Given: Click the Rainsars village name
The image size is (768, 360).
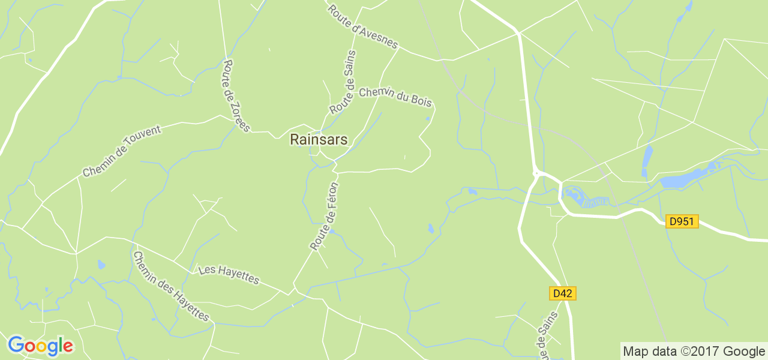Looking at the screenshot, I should point(319,139).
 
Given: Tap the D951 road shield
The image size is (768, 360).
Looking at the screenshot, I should point(682,221).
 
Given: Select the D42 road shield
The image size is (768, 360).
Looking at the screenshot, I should point(562,293).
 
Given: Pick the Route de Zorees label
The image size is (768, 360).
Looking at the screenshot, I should point(236,95).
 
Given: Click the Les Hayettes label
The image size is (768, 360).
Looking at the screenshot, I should point(229,275).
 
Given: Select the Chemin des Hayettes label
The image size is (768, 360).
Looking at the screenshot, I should point(171,286).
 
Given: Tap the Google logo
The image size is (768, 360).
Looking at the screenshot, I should point(40,346).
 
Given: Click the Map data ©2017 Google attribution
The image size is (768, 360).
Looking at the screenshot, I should point(693,351).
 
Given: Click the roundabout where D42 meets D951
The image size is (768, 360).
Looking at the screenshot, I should point(537,174).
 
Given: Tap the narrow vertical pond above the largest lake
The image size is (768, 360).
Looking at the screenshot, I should point(647,158).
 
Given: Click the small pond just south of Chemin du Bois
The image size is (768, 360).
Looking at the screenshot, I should point(427,119).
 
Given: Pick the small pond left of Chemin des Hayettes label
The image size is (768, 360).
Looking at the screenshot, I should point(101,264).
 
